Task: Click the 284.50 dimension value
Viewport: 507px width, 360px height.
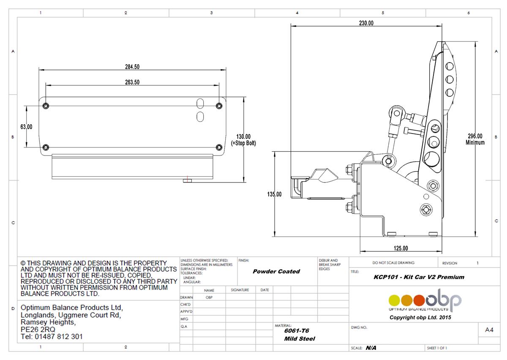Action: click(132, 67)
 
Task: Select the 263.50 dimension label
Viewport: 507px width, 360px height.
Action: click(132, 82)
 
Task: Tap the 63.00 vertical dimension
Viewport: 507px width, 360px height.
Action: click(26, 126)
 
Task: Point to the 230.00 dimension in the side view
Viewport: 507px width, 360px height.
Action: click(366, 23)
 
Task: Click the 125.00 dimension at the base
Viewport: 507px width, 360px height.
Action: click(401, 248)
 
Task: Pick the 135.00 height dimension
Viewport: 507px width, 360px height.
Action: click(274, 194)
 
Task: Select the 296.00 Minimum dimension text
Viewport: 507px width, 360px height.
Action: click(475, 139)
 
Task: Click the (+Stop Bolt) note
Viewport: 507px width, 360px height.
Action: click(243, 143)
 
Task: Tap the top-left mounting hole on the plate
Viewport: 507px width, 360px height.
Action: click(46, 105)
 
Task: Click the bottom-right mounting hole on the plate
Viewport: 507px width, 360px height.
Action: click(218, 147)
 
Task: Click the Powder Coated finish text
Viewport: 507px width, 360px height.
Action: click(276, 272)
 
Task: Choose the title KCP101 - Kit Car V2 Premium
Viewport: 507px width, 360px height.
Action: click(419, 277)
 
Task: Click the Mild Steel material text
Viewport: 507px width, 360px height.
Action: click(299, 338)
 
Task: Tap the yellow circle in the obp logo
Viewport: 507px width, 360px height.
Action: click(395, 300)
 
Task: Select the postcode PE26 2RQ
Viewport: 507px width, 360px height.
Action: click(38, 329)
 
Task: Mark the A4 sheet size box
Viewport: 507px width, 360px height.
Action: click(489, 330)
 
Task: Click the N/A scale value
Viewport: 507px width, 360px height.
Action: click(371, 348)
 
